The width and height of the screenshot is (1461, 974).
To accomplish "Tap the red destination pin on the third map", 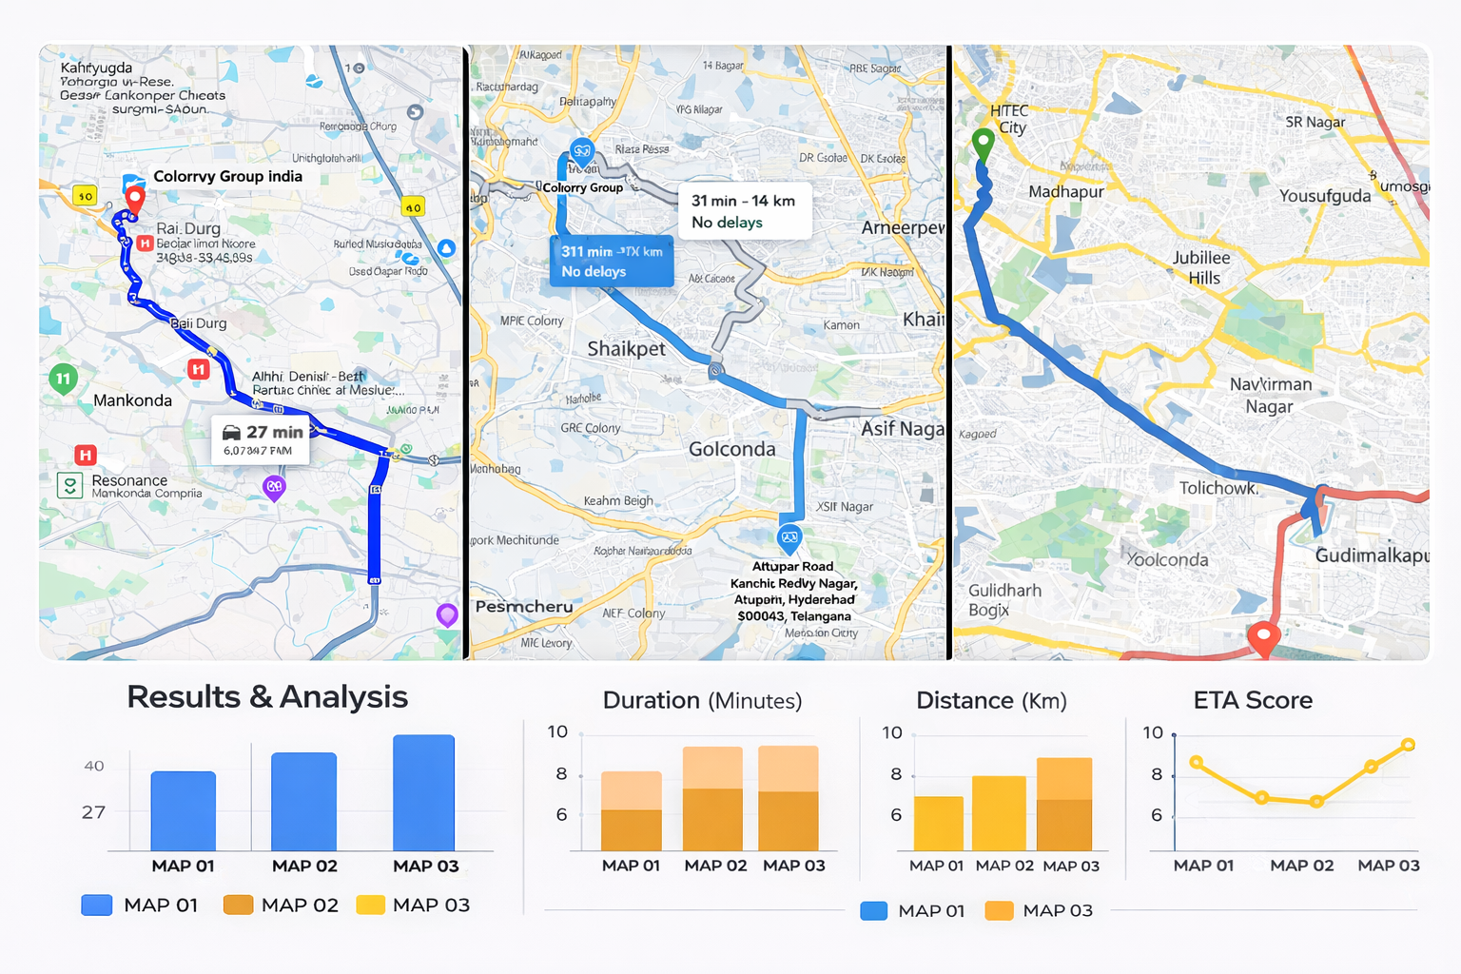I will click(x=1262, y=636).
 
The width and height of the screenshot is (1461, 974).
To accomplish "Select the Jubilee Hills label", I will click(x=1201, y=267).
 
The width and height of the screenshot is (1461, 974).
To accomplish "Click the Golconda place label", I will click(x=731, y=449).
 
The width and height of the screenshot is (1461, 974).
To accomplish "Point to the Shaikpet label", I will click(x=626, y=349).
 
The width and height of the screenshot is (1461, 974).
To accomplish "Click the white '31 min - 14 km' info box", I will click(x=743, y=211).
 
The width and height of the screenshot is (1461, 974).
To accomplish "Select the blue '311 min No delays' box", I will click(x=612, y=262).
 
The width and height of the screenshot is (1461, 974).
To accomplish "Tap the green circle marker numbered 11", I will click(x=63, y=379).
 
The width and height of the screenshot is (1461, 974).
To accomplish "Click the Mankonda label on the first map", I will click(x=132, y=400).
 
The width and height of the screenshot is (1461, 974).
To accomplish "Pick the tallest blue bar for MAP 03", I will click(x=423, y=792).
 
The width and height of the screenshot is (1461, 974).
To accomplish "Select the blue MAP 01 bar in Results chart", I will click(x=183, y=810).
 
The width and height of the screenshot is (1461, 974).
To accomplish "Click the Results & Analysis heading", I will click(x=267, y=697).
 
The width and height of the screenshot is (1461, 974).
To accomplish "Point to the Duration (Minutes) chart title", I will click(x=702, y=701).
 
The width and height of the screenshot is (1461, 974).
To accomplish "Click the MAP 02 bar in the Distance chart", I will click(x=999, y=813).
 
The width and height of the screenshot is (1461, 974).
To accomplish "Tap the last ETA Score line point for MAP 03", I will click(x=1408, y=745).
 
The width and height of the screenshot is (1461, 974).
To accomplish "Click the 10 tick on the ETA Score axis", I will click(x=1153, y=732).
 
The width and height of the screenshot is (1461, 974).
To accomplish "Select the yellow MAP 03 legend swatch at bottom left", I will click(x=370, y=905).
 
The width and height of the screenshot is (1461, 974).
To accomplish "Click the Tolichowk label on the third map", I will click(x=1218, y=488).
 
